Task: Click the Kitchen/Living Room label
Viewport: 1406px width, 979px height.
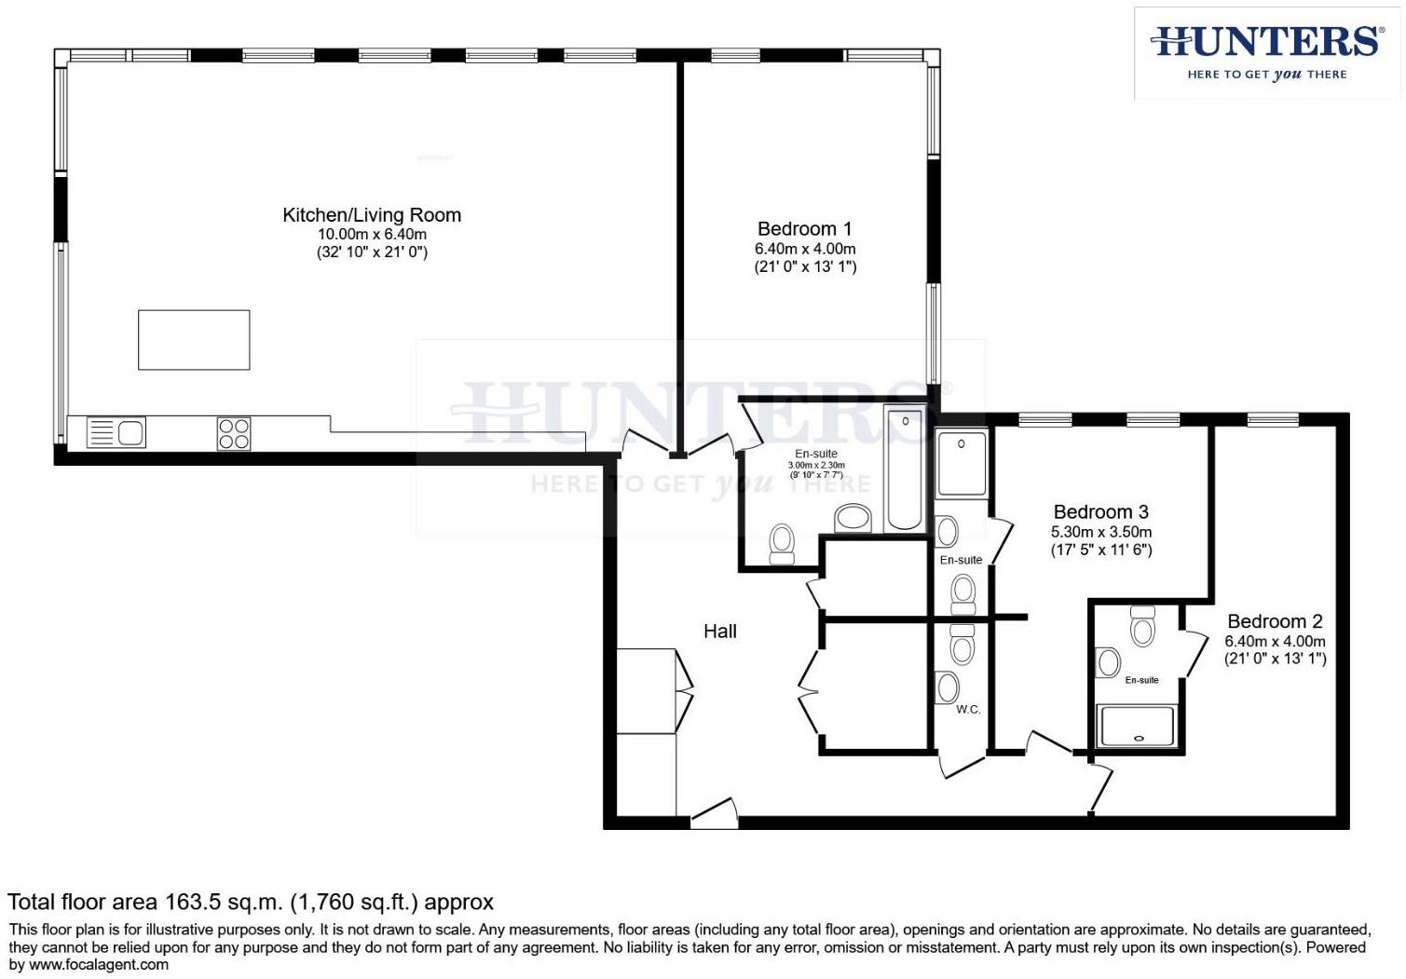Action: tap(372, 215)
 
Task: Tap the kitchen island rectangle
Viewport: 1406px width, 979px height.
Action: tap(194, 340)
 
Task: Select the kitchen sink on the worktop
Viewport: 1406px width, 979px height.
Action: tap(116, 433)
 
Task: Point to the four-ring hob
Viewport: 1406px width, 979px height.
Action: tap(234, 433)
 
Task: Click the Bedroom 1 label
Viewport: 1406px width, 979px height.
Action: tap(804, 229)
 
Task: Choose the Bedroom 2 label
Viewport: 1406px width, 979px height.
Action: tap(1275, 621)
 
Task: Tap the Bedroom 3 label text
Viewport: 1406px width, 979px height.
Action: tap(1100, 511)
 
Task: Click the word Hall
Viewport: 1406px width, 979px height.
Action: tap(719, 632)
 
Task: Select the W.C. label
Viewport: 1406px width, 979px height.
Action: tap(968, 710)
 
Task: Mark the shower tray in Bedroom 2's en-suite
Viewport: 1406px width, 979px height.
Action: tap(1137, 727)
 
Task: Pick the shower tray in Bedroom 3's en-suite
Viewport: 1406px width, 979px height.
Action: tap(961, 463)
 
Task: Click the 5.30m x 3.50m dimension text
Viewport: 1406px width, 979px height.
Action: tap(1101, 532)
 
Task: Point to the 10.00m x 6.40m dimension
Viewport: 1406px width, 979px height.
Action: tap(372, 235)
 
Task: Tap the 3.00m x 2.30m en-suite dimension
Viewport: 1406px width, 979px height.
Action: tap(816, 465)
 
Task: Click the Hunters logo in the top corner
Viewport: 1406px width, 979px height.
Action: tap(1266, 53)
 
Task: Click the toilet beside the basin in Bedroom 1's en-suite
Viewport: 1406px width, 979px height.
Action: tap(782, 542)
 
